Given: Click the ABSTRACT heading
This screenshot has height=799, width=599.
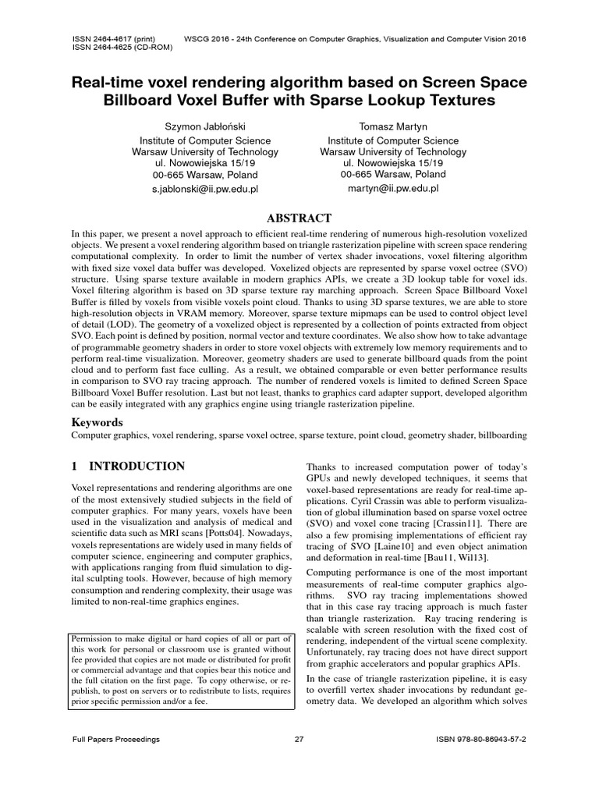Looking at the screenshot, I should (299, 218).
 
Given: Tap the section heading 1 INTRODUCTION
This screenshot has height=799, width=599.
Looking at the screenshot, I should (128, 467).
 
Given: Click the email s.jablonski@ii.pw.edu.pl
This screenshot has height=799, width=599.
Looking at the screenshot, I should (204, 189).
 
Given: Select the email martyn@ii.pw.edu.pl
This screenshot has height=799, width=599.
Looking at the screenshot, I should (393, 189).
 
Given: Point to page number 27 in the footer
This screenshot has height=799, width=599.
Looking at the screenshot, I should (299, 739).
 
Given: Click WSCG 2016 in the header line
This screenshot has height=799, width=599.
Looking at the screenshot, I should (211, 38).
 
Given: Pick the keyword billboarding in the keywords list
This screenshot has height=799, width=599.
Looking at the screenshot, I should (499, 435).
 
